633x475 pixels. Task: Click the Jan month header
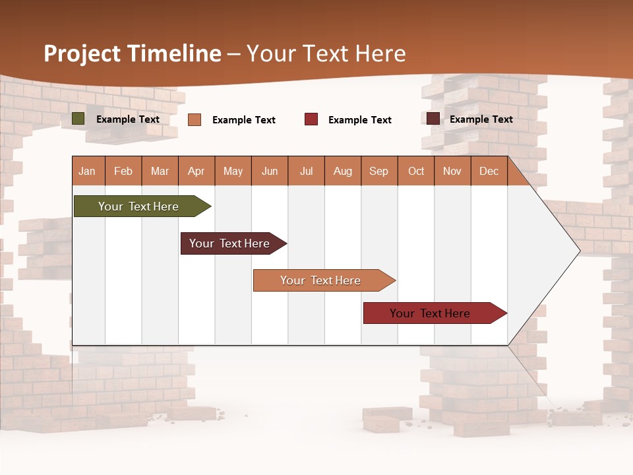pos(88,171)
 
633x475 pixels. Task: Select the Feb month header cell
pos(123,171)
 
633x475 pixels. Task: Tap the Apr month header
pos(196,171)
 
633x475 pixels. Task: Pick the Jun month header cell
pos(270,171)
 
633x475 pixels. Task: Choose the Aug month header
pos(343,171)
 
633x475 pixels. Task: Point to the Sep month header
pos(379,171)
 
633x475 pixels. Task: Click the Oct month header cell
pos(416,171)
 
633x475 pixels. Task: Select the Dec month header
pos(489,171)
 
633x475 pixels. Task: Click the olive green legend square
pos(78,119)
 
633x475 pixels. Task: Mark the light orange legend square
pos(195,119)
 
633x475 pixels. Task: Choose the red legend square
pos(311,119)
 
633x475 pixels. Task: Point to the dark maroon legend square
pos(433,119)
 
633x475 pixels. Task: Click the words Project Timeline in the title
pos(133,53)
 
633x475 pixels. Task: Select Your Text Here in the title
pos(326,53)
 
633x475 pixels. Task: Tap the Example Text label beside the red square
pos(360,120)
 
